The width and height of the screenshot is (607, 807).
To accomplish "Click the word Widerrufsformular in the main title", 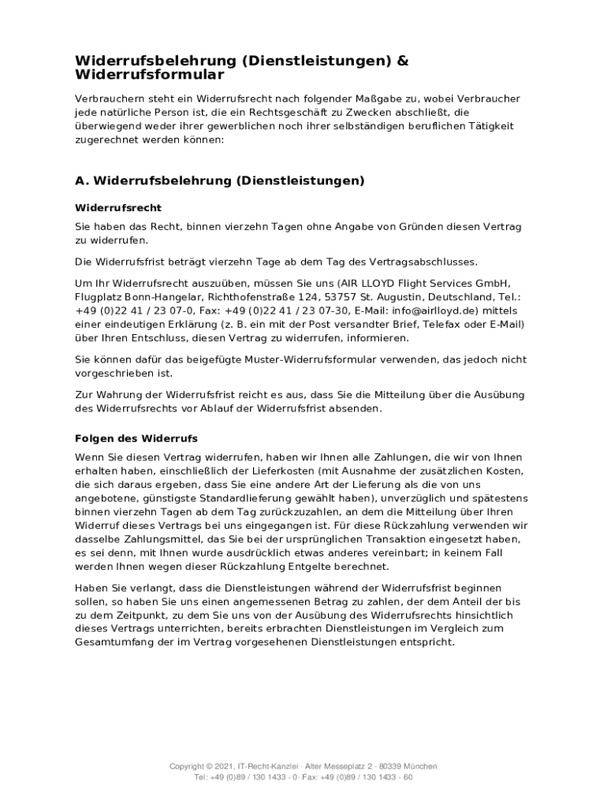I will (x=150, y=75).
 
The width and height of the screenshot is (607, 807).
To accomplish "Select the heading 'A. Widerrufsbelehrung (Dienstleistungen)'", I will (x=220, y=180).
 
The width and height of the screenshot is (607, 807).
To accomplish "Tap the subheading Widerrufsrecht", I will (x=118, y=208).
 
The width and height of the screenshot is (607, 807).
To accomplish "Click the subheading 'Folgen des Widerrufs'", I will (x=136, y=438).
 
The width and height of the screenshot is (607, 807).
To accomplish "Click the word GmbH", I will (x=492, y=284).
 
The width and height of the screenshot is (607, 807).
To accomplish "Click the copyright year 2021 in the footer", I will (x=224, y=766).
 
